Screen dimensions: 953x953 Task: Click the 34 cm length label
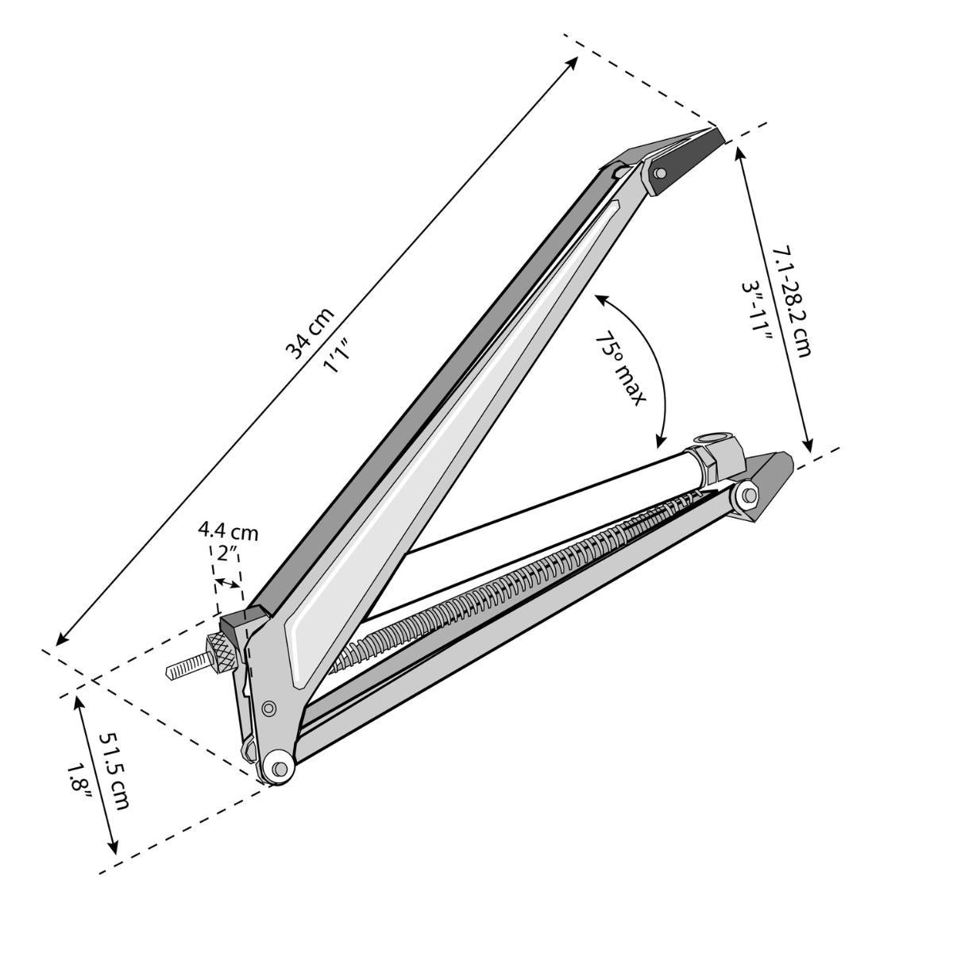click(x=310, y=334)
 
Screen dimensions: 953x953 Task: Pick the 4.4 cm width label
click(x=228, y=531)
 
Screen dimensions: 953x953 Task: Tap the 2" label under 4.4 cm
click(x=228, y=554)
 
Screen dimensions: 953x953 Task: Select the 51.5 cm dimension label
click(x=114, y=770)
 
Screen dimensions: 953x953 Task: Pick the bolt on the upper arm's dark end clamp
click(x=659, y=173)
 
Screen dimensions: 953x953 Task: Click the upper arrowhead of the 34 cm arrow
click(x=576, y=60)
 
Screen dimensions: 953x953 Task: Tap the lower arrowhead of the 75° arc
click(x=660, y=441)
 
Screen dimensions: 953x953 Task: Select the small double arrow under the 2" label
click(x=229, y=585)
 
